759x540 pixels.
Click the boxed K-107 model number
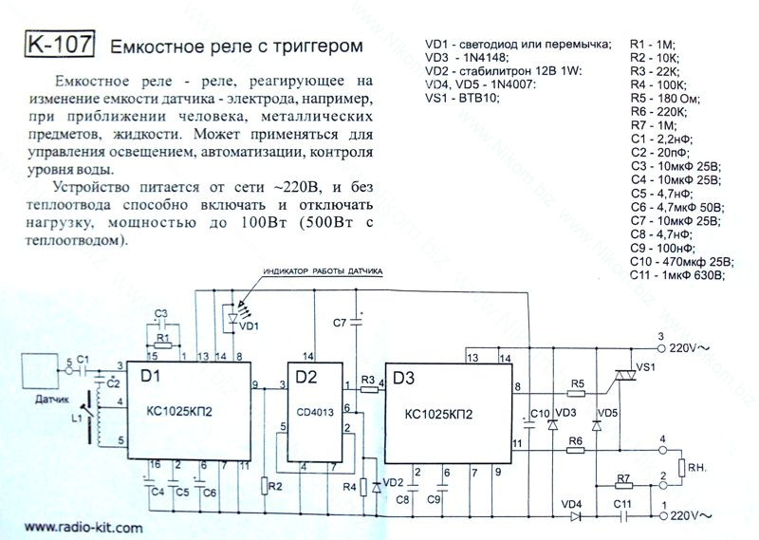(59, 44)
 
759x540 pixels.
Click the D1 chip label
(150, 376)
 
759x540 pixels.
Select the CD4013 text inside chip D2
(315, 413)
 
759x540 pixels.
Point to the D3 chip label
(404, 378)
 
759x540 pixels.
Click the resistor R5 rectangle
(576, 393)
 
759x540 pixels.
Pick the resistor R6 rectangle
(576, 451)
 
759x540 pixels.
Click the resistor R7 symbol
(623, 486)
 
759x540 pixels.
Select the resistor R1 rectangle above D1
(162, 345)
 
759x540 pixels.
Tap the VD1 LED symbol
(232, 318)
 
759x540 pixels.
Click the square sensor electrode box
(40, 370)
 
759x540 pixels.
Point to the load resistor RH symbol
(681, 468)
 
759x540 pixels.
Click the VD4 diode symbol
(576, 516)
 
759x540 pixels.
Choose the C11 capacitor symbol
(623, 516)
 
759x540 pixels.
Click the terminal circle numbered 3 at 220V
(661, 348)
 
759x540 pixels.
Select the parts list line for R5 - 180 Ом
(665, 99)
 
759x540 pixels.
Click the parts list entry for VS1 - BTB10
(462, 99)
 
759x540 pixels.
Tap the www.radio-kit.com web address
(83, 528)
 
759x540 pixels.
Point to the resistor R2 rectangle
(265, 485)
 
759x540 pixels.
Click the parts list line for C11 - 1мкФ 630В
(677, 275)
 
